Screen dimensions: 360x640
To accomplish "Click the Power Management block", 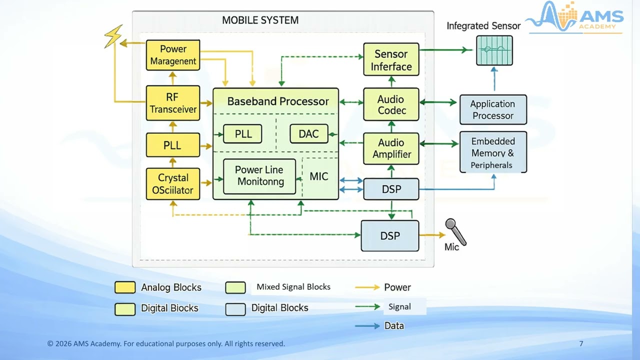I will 173,55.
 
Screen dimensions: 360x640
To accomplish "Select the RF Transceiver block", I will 173,103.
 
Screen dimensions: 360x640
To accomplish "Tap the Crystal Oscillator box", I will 173,184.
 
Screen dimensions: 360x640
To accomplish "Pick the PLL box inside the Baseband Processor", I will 242,134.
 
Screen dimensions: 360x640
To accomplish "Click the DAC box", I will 308,134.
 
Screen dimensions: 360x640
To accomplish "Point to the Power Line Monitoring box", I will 259,176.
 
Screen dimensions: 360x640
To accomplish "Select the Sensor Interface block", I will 391,60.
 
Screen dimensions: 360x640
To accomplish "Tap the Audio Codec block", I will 391,104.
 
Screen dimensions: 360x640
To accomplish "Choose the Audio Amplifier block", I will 391,148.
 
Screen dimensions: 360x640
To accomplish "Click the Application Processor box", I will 493,109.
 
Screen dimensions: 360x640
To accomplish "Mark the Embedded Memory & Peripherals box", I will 493,152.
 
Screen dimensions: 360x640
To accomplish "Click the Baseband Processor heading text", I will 277,101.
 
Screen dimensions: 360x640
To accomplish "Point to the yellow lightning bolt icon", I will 113,36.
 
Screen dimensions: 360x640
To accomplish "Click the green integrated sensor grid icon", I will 494,50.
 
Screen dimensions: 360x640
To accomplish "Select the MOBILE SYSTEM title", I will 260,20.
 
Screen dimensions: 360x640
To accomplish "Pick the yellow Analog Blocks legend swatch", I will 125,287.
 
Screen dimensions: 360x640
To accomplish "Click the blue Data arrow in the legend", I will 367,326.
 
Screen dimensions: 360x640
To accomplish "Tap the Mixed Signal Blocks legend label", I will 293,287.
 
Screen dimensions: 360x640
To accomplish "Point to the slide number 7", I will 581,343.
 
